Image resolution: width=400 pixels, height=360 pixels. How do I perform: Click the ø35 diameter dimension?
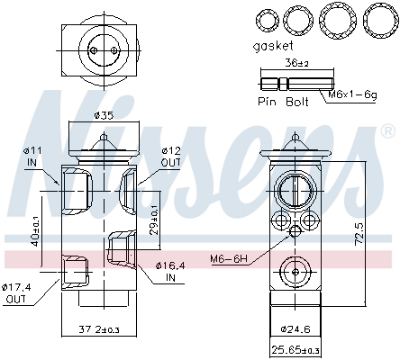104,116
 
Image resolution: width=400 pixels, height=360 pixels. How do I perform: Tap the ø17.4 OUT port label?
18,292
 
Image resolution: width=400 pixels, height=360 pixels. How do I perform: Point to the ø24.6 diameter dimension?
295,329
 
